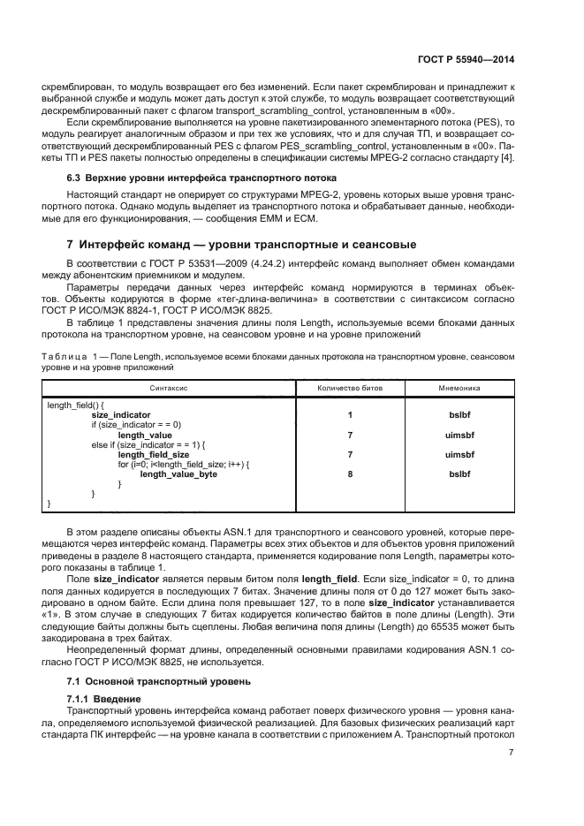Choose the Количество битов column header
tap(350, 388)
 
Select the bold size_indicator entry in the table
tap(121, 413)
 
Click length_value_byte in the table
tap(178, 474)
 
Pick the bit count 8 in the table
tap(350, 474)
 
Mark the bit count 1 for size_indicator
tap(350, 413)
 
